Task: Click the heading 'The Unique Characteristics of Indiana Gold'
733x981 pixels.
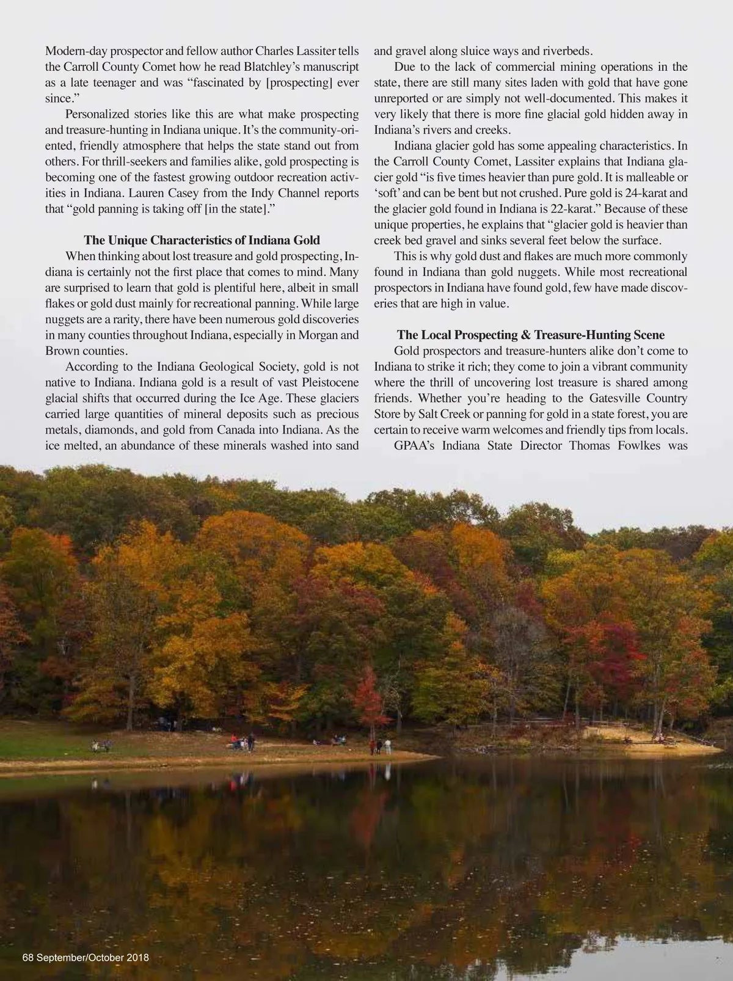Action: [202, 240]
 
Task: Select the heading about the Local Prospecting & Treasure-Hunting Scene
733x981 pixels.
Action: [530, 335]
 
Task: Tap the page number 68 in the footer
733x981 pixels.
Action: [28, 957]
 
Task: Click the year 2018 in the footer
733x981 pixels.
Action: [137, 957]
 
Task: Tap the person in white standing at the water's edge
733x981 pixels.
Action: [387, 746]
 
